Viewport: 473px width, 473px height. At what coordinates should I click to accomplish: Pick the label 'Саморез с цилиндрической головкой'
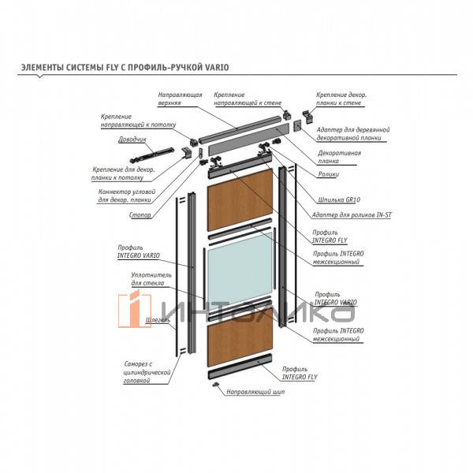tap(147, 372)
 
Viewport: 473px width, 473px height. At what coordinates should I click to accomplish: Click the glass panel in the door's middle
tap(237, 266)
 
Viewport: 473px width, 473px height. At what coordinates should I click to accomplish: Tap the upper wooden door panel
tap(237, 203)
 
